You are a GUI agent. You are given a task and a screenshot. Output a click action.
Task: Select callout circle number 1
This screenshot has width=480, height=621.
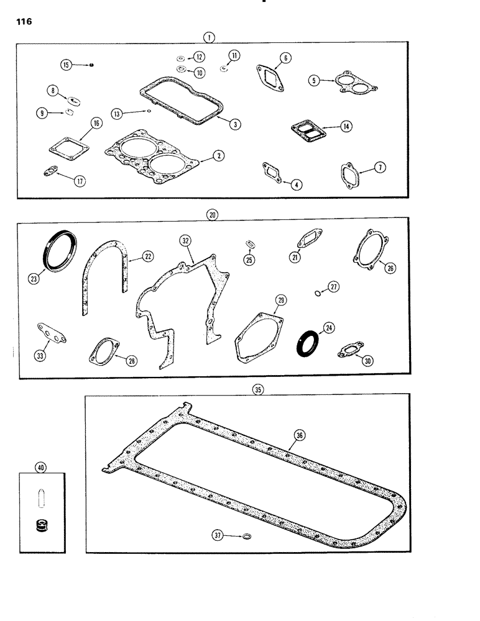pos(211,37)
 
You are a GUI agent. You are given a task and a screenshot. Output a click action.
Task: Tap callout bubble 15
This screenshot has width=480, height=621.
pos(66,63)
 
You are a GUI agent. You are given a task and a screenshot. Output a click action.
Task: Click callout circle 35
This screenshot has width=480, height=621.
pos(258,389)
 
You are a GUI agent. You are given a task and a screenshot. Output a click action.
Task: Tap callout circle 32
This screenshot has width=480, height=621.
pos(184,240)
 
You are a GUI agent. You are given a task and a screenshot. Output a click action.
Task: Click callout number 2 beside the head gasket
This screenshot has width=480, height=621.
pos(218,156)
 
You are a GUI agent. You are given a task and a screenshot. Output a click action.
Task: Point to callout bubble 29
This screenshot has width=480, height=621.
pos(281,301)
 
